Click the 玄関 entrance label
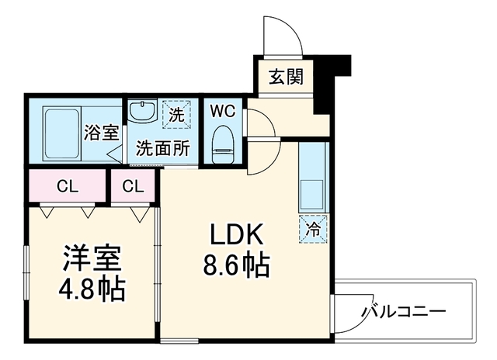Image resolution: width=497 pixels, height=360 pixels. [287, 76]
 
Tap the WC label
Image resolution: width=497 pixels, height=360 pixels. [223, 111]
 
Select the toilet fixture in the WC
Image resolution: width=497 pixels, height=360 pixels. [223, 144]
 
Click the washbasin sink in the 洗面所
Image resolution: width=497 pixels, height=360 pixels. [142, 110]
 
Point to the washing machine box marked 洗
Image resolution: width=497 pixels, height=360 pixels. [176, 114]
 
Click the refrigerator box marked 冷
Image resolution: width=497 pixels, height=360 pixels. [313, 229]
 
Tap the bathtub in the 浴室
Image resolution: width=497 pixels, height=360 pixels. [61, 134]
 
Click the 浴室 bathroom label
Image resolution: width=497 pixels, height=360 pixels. [102, 133]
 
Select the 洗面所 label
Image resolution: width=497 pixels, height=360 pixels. [163, 147]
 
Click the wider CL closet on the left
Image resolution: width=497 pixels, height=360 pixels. [67, 186]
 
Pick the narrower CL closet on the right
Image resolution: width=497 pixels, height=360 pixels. [133, 186]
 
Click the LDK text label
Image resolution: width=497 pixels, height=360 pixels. [236, 234]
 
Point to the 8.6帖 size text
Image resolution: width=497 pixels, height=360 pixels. [236, 265]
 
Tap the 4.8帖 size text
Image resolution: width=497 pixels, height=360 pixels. [92, 289]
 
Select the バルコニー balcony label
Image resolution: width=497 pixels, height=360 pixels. [404, 311]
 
